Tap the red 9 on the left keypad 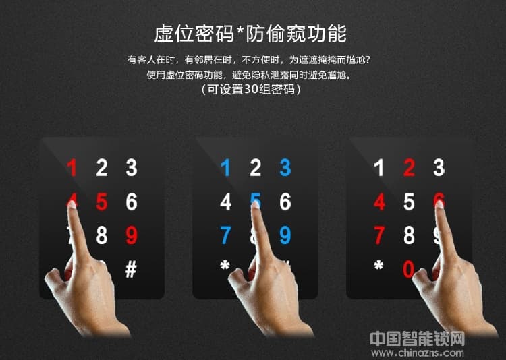coord(132,235)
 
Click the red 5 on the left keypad coord(102,202)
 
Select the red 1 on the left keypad coord(72,168)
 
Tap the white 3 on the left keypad coord(132,168)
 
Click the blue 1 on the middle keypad coord(226,168)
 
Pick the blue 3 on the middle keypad coord(285,168)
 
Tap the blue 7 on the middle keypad coord(226,235)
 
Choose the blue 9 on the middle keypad coord(285,235)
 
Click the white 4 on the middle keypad coord(226,202)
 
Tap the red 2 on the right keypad coord(409,168)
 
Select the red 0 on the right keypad coord(409,269)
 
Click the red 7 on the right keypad coord(379,235)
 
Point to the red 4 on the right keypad coord(379,202)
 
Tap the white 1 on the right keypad coord(379,168)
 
